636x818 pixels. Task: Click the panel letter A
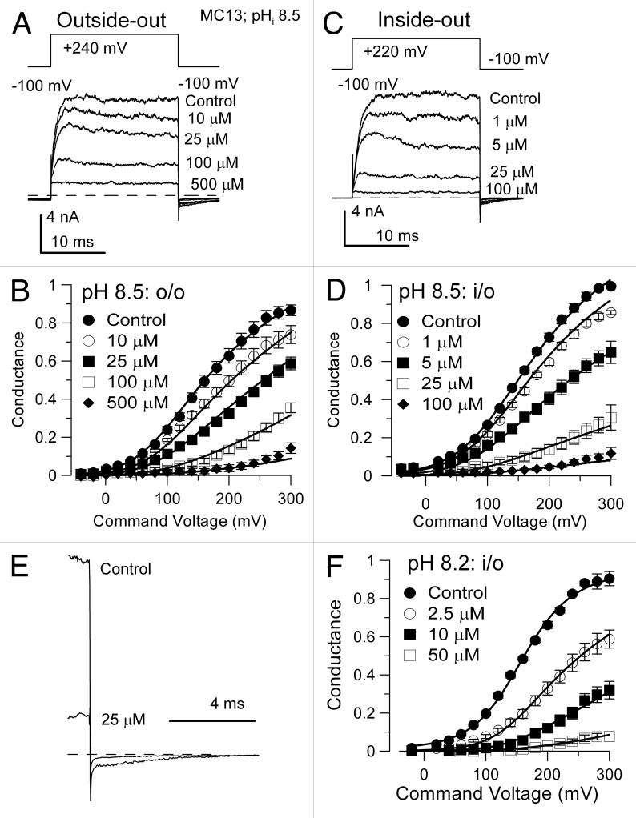click(24, 24)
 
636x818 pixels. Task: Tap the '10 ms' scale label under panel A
click(74, 242)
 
